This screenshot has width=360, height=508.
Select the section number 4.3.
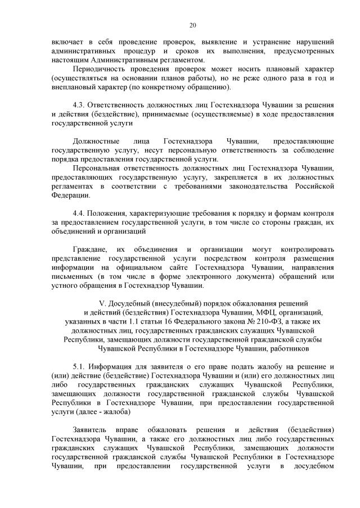coord(80,105)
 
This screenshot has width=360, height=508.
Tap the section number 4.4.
coord(80,214)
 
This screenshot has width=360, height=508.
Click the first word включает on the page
coord(66,42)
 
